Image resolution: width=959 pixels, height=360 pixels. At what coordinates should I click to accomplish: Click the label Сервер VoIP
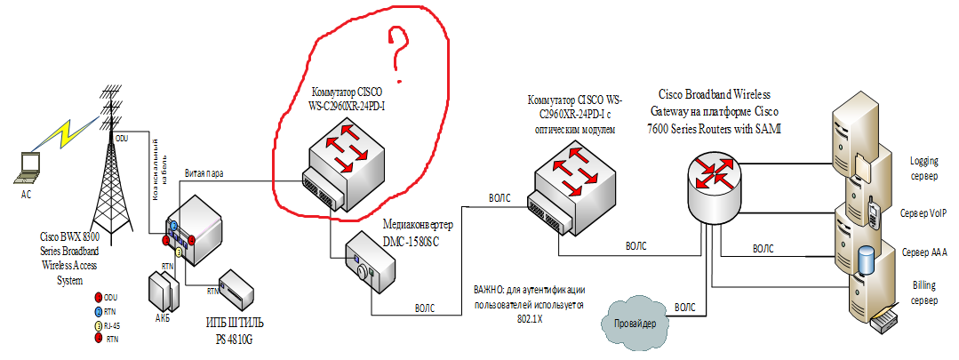coord(923,214)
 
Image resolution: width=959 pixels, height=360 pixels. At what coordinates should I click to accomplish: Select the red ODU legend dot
coord(97,298)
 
